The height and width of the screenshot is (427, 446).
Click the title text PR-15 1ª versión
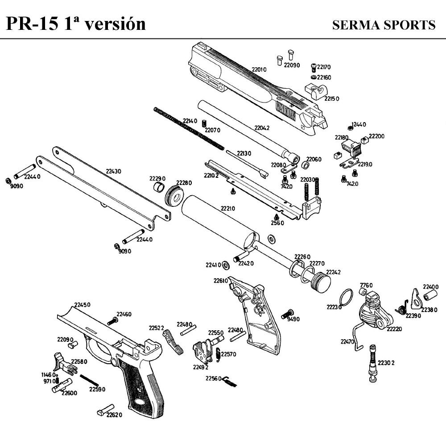(x=76, y=23)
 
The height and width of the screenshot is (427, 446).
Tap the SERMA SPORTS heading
(x=384, y=25)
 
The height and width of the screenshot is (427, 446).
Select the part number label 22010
(x=259, y=70)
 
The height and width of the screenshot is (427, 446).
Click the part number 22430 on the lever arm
(x=113, y=171)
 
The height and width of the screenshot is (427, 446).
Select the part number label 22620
(x=114, y=415)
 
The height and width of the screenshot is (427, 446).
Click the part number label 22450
(x=82, y=305)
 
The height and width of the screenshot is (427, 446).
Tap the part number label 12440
(x=359, y=124)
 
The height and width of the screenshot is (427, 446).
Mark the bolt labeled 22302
(x=373, y=364)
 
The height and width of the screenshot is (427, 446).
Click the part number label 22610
(x=220, y=281)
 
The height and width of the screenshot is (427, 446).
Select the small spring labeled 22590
(x=89, y=381)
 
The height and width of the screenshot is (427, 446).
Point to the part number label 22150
(x=332, y=99)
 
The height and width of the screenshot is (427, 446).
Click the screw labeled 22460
(x=112, y=321)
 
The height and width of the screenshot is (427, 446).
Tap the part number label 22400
(x=431, y=287)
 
